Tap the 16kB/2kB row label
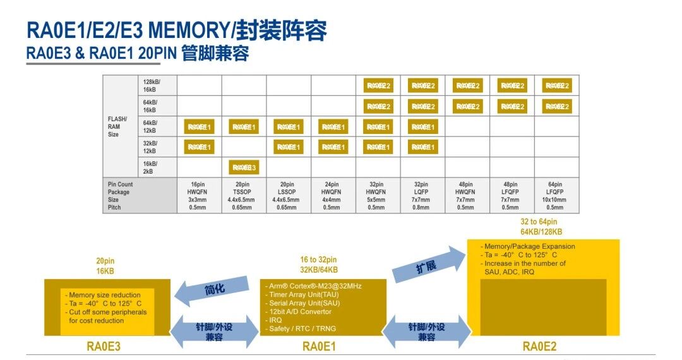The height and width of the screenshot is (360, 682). [x=150, y=167]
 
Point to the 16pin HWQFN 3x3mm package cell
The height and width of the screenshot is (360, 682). [x=199, y=196]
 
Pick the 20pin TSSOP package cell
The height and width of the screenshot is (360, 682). [x=244, y=196]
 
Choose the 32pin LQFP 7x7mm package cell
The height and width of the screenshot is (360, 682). [x=422, y=196]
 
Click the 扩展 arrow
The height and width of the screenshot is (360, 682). [x=429, y=265]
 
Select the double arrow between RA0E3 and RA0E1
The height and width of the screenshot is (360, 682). [x=215, y=331]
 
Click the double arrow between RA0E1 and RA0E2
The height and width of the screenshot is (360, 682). [x=426, y=331]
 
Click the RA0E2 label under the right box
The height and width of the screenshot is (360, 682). [x=539, y=346]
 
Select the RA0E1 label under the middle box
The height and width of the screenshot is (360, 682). [x=320, y=346]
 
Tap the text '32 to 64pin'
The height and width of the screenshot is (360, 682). [x=539, y=222]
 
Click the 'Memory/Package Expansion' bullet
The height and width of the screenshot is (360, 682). [x=528, y=246]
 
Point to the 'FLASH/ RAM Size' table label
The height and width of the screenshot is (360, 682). [x=117, y=126]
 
